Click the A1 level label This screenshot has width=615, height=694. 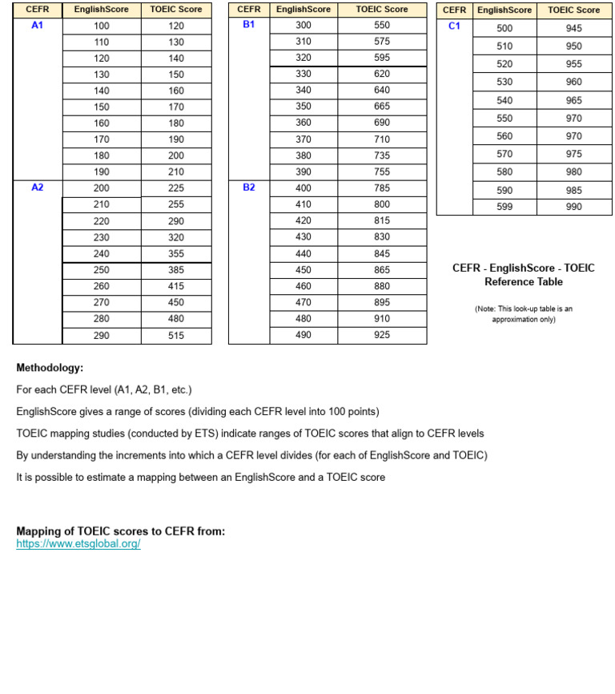click(37, 26)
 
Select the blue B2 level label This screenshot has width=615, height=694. click(248, 188)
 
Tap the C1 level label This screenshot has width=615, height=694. click(454, 26)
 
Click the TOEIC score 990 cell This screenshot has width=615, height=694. click(573, 207)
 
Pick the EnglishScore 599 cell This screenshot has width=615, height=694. click(504, 207)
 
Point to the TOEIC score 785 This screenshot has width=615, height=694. click(382, 188)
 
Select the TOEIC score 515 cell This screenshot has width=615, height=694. click(176, 336)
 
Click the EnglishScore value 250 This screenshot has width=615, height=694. click(102, 270)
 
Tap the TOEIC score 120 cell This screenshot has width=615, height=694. click(176, 26)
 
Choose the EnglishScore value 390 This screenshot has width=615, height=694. click(303, 171)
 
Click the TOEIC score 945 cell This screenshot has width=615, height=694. click(573, 29)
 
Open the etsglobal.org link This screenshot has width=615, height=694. click(78, 544)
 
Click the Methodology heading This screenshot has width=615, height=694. click(50, 368)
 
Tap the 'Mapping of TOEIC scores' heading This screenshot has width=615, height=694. click(121, 531)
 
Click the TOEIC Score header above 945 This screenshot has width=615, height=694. click(573, 10)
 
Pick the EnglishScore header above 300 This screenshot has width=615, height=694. click(303, 10)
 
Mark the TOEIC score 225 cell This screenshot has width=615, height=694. click(176, 188)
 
